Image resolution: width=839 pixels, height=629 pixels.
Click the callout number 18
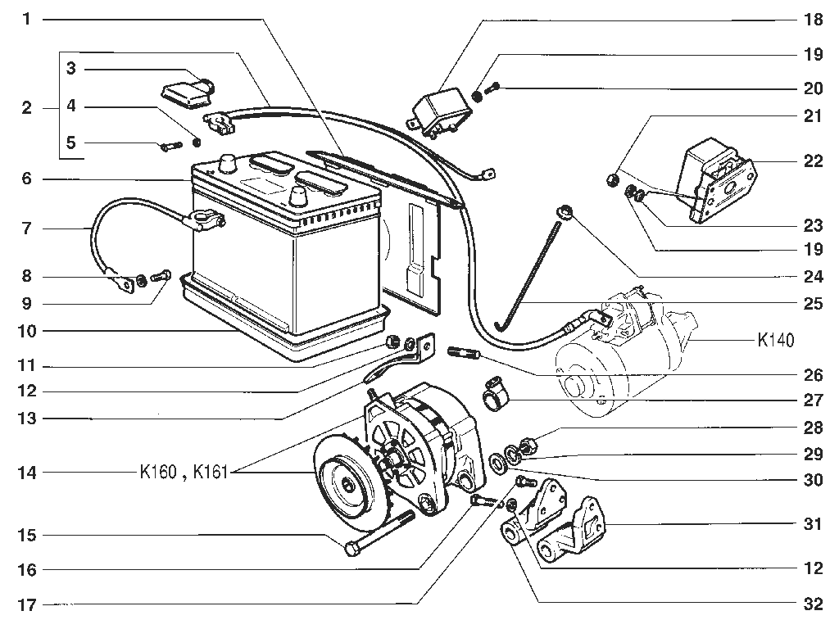(x=813, y=20)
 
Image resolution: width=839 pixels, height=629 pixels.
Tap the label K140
(x=776, y=340)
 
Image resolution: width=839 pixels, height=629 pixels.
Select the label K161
(x=211, y=473)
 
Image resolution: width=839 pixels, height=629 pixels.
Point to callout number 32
(x=813, y=604)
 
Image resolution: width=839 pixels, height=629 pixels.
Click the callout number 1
(x=27, y=20)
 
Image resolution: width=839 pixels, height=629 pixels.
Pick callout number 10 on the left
(x=27, y=331)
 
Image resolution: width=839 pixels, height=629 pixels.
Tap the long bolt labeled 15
(x=380, y=533)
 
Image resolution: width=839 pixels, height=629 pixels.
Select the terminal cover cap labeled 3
(x=188, y=89)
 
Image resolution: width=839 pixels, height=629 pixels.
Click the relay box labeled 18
(x=439, y=111)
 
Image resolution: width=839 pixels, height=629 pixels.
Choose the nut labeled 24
(x=565, y=211)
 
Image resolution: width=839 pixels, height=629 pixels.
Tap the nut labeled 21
(x=613, y=178)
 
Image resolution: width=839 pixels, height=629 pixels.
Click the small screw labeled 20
(x=492, y=88)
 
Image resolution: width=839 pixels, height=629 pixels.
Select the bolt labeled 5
(x=171, y=146)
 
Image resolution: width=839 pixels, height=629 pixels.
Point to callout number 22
(x=813, y=161)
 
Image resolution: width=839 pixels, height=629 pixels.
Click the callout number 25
(x=813, y=304)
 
